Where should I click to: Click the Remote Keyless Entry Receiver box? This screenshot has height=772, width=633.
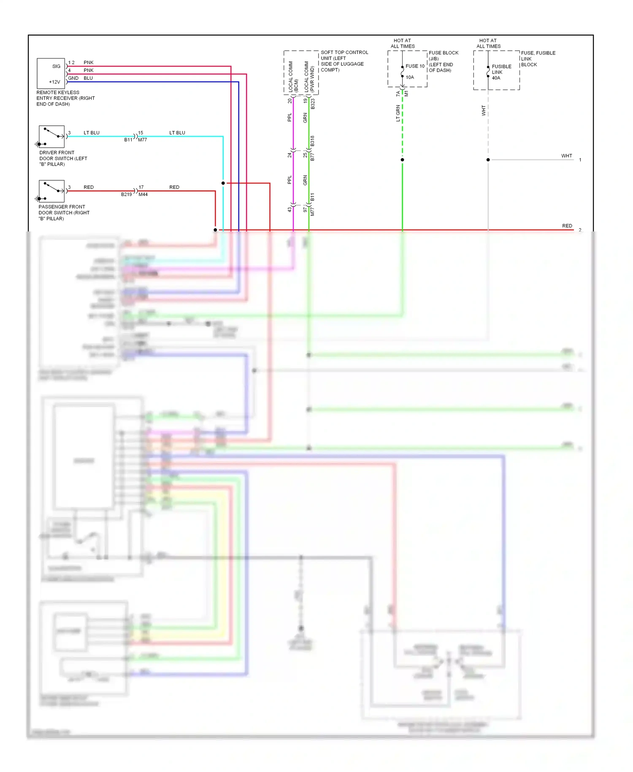(51, 73)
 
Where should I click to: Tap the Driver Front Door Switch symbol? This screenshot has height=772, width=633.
(51, 136)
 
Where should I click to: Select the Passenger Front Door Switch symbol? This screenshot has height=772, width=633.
(51, 191)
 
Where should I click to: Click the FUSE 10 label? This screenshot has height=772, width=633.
(415, 66)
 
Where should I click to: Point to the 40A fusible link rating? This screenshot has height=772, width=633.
(496, 78)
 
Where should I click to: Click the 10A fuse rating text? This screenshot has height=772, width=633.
(410, 77)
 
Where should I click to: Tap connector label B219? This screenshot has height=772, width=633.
(126, 195)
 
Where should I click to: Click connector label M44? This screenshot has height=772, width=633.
(143, 195)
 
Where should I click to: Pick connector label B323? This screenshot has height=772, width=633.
(313, 104)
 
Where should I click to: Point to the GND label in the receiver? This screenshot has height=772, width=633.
(73, 78)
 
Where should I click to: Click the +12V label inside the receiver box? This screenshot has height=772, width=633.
(54, 82)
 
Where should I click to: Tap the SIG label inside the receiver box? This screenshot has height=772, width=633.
(56, 66)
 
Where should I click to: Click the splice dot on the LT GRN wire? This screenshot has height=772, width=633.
(402, 160)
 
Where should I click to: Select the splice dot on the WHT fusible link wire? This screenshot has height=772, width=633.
(488, 160)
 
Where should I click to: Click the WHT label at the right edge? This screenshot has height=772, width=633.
(566, 156)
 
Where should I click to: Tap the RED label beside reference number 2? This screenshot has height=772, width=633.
(567, 226)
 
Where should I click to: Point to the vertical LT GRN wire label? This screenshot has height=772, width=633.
(398, 114)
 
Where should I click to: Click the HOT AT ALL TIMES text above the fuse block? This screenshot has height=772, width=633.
(402, 43)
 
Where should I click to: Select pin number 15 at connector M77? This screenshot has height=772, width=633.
(141, 133)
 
